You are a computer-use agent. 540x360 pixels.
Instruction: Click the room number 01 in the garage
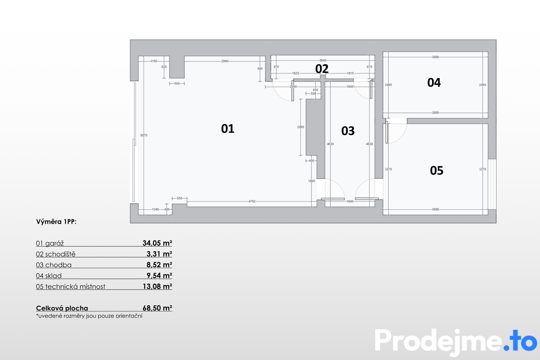pos(228,129)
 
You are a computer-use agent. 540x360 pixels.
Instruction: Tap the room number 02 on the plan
pos(322,69)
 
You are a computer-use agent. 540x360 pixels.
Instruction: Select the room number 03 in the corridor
pos(348,131)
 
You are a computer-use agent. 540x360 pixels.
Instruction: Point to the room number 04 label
pos(434,82)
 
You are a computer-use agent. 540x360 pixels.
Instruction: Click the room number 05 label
pos(436,170)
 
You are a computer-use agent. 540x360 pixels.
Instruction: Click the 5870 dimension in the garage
pos(144,135)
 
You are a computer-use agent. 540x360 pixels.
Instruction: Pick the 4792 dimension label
pos(252,201)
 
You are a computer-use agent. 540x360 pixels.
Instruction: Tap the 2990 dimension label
pos(225,61)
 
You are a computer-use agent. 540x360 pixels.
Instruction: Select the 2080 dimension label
pos(301,127)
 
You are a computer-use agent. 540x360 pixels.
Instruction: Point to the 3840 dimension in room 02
pos(323,60)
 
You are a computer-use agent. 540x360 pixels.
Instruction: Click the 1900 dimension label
pos(311,181)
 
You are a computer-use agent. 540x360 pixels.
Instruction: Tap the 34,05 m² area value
pos(157,243)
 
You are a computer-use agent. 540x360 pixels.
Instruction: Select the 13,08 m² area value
pos(157,286)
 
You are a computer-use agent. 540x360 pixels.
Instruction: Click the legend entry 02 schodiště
pos(56,254)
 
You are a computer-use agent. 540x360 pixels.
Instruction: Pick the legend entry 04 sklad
pos(49,276)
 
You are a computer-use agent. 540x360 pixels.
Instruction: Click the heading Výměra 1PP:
pos(56,222)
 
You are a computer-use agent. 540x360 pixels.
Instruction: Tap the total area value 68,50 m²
pos(157,308)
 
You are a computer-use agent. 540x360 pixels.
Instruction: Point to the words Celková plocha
pos(62,308)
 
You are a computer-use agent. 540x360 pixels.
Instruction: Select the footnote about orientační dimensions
pos(89,316)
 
